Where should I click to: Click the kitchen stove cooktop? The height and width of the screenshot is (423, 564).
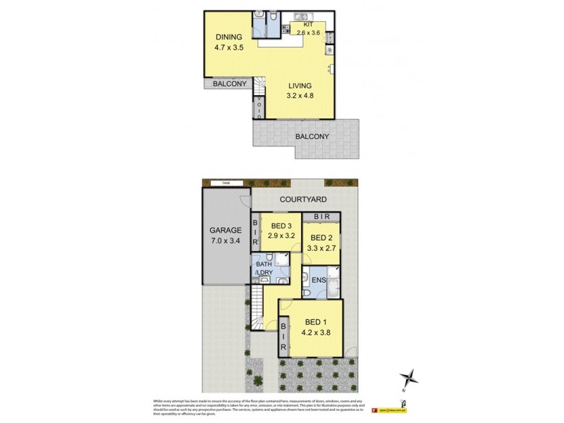coord(329,51)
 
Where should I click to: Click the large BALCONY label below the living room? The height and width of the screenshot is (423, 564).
coord(312,135)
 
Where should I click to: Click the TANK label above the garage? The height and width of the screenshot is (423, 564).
coord(226,183)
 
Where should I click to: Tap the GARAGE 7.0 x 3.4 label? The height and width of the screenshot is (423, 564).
coord(226,235)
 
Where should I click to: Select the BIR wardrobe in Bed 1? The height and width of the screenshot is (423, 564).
coord(283,338)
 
